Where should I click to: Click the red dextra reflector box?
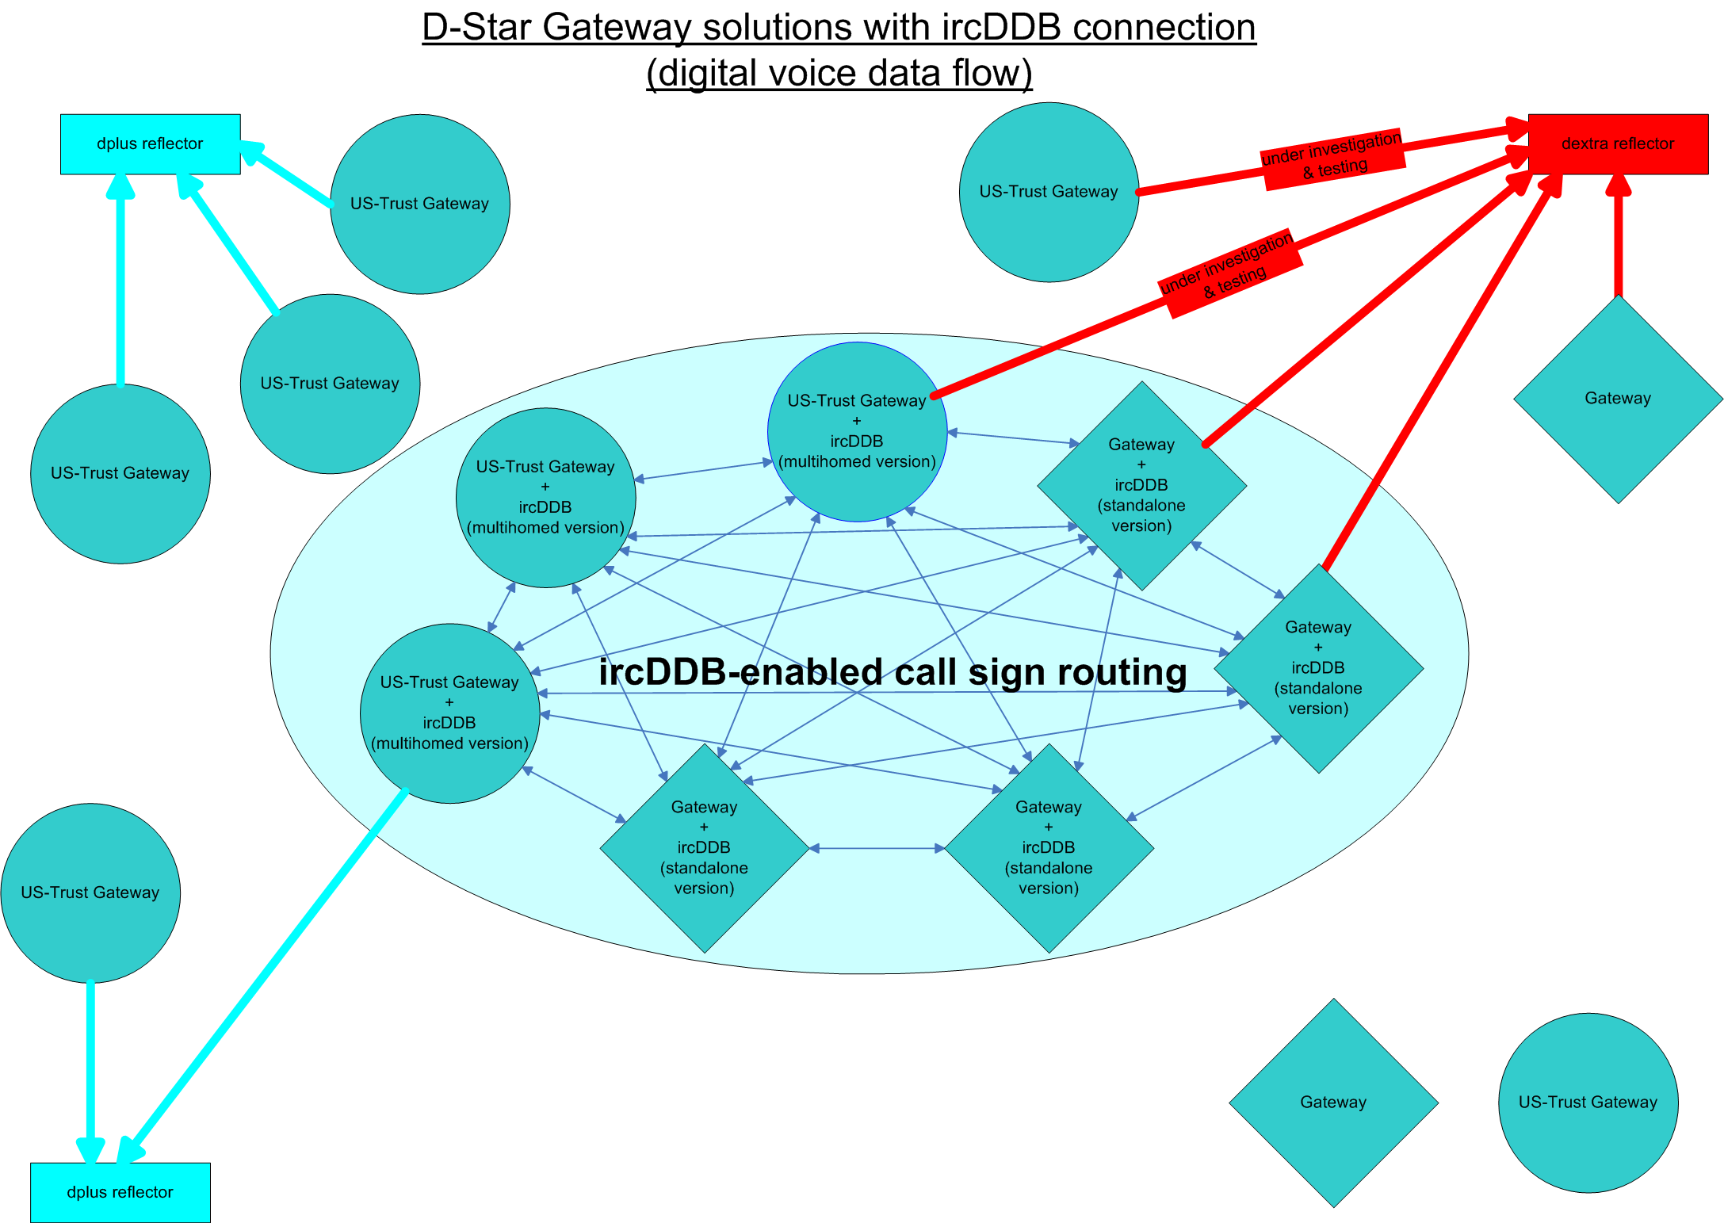pos(1617,143)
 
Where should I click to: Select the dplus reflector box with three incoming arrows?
pos(150,143)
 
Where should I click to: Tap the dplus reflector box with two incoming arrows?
pos(120,1191)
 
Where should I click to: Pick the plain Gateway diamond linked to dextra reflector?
pos(1617,399)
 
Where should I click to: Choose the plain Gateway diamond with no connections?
pos(1333,1102)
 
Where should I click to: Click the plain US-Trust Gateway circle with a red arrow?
pos(1048,192)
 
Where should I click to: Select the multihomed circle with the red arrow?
pos(857,432)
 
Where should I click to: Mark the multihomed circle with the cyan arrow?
pos(449,713)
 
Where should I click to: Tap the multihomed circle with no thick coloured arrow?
pos(545,497)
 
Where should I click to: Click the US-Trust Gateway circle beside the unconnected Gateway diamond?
pos(1588,1102)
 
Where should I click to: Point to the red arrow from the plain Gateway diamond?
pos(1618,238)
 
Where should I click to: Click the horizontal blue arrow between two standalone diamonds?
pos(877,848)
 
